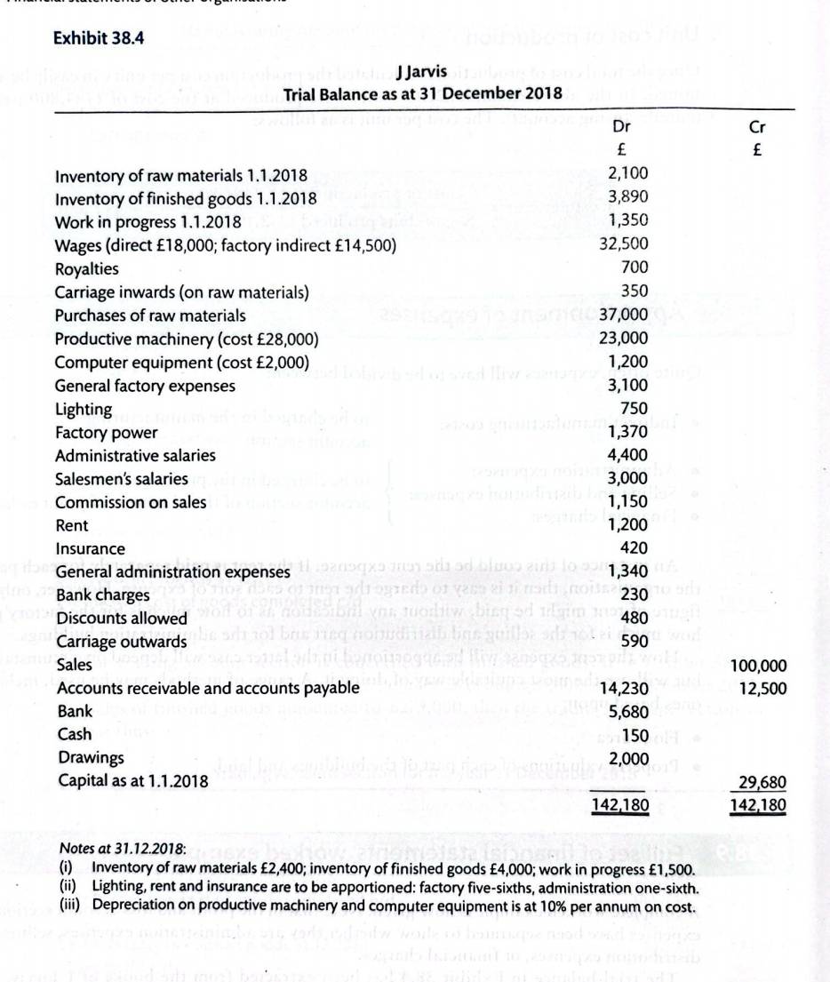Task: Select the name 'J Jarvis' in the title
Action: (x=422, y=71)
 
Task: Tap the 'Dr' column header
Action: (x=622, y=127)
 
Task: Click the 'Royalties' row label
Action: (x=87, y=268)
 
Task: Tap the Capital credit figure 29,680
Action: (x=762, y=782)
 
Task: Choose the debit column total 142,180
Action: (x=621, y=806)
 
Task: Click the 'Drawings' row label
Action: (x=90, y=758)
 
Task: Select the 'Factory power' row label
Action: (x=107, y=433)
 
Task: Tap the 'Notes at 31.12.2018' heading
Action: (x=121, y=849)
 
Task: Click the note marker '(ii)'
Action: (x=66, y=886)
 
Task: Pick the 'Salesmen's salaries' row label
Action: (x=122, y=479)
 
